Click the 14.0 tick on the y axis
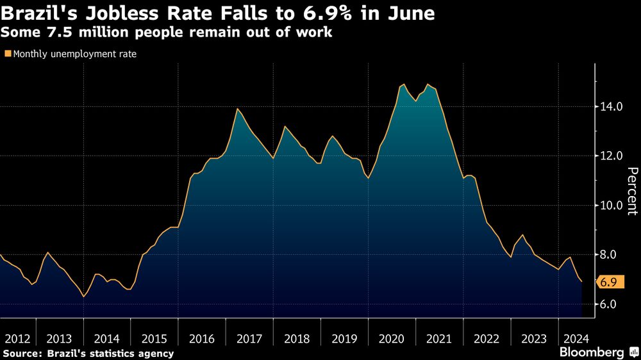point(610,106)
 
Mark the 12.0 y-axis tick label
point(610,156)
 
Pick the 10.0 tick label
point(610,206)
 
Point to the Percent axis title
point(632,190)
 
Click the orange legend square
point(8,54)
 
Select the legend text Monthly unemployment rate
point(74,54)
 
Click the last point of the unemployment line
point(582,282)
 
